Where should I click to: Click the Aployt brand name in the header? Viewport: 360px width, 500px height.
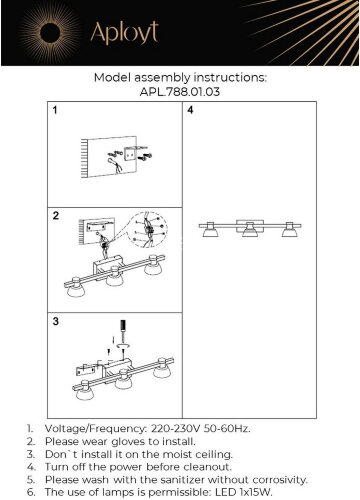[124, 33]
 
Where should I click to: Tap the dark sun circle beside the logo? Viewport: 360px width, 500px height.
[50, 33]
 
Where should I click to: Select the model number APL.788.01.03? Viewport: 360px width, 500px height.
[180, 92]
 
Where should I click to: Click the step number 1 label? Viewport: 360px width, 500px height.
[55, 110]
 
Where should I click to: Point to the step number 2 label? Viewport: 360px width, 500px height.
[56, 216]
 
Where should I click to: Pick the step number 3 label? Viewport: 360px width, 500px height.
[56, 321]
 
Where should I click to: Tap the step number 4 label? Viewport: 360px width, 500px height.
[190, 110]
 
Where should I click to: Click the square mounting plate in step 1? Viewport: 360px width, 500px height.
[131, 153]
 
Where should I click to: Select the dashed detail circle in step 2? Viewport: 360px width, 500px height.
[148, 229]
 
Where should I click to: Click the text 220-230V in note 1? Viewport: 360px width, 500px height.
[175, 428]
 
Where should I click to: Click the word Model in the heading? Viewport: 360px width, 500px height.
[113, 78]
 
